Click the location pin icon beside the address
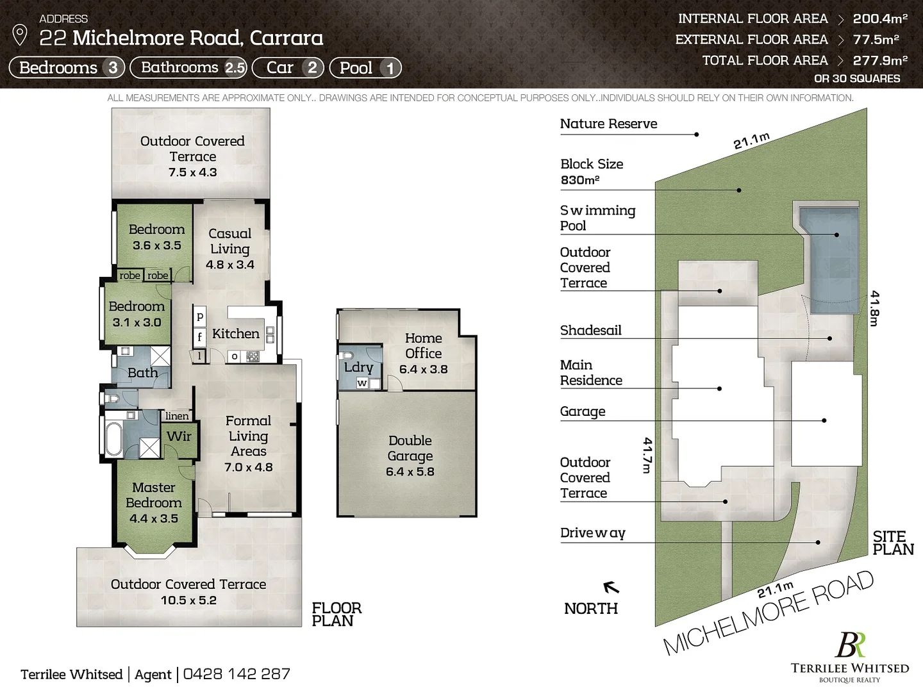tap(20, 35)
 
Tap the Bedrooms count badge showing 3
tap(113, 68)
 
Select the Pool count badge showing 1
tap(389, 68)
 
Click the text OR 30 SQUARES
tap(856, 79)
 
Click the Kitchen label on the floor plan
tap(236, 333)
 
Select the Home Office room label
tap(423, 345)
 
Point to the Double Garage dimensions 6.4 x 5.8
tap(410, 472)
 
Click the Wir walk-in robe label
tap(179, 436)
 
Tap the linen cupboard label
tap(177, 416)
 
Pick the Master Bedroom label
tap(154, 495)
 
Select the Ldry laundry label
tap(358, 367)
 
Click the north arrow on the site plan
tap(611, 586)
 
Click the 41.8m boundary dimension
tap(874, 308)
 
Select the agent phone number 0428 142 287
tap(237, 674)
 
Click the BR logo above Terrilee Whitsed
tap(850, 645)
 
